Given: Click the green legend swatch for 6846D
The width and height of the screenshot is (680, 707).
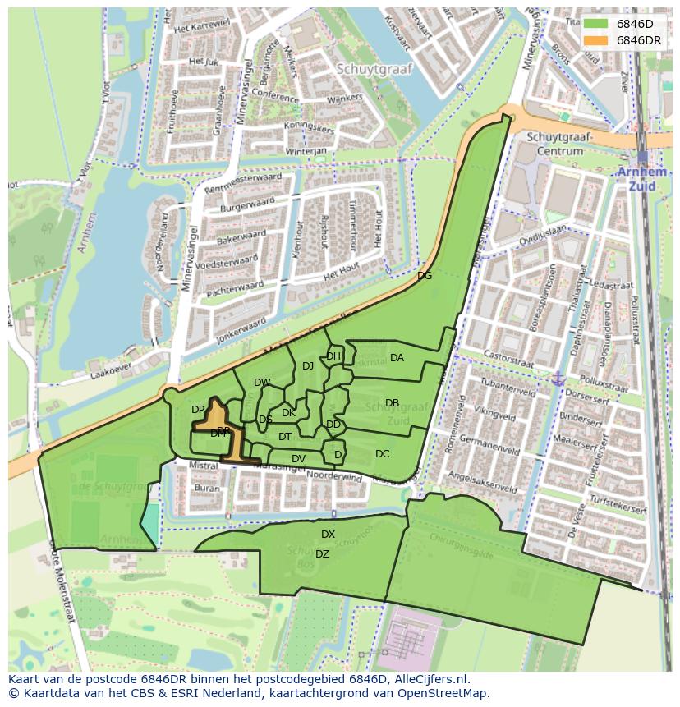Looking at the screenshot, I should coord(596,24).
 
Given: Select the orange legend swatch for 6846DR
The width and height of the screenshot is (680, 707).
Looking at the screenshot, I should coord(596,40).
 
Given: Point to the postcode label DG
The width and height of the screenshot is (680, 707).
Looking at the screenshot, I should coord(425,276).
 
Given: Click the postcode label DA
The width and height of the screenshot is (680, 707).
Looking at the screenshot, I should coord(397,358).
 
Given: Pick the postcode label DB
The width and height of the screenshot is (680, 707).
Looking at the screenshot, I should coord(392,403).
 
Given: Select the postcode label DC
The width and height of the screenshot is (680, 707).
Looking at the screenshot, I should coord(382,454).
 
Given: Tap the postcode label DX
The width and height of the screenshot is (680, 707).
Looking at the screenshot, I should coord(328,535).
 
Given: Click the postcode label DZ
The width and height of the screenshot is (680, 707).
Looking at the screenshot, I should coord(322,554).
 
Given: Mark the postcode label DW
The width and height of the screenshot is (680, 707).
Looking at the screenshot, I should coord(262,383).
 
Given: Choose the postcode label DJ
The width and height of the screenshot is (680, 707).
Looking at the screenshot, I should coord(308,366).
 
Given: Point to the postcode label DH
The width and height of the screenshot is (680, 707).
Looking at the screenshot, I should coord(333,356).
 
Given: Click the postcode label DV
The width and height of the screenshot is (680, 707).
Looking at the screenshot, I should coord(298,459).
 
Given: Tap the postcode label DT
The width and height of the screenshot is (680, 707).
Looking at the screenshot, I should coord(285,437).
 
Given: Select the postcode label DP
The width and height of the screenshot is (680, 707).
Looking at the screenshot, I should coord(198,410).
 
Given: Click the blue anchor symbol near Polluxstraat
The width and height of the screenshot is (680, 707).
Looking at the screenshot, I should coord(558,379).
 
